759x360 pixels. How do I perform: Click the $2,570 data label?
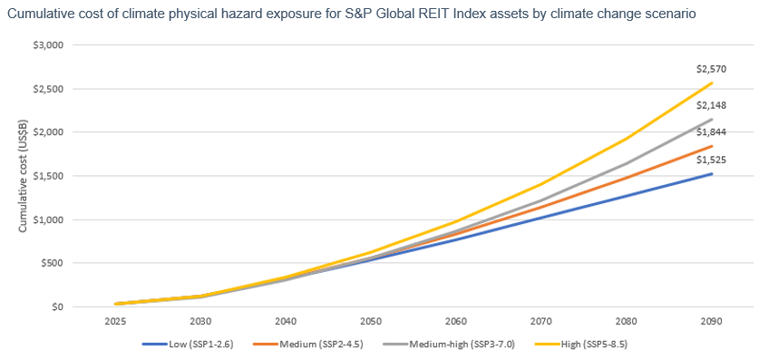tap(711, 69)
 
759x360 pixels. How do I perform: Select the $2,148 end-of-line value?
tap(711, 105)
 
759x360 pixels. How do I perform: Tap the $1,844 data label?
tap(711, 132)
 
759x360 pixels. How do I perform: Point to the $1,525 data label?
tap(711, 160)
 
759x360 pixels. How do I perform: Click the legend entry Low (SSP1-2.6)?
tap(196, 344)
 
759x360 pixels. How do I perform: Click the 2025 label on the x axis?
tap(115, 321)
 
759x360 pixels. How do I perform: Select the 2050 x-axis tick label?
tap(371, 321)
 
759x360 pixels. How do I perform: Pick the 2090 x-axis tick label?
tap(711, 321)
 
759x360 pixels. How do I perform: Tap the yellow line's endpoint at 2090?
tap(711, 83)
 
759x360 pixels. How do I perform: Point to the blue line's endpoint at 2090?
tap(711, 174)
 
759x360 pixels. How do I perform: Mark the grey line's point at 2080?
tap(627, 163)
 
